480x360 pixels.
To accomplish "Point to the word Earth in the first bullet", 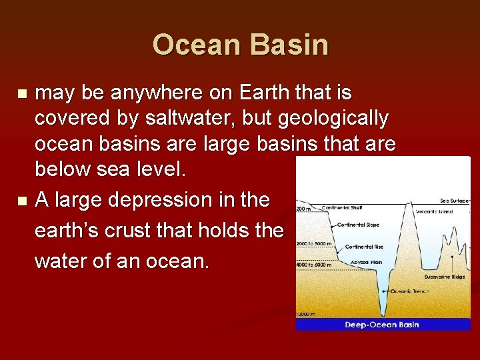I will (x=257, y=93).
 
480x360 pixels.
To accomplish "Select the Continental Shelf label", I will (x=342, y=208).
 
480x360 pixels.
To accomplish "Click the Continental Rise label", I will (x=363, y=247).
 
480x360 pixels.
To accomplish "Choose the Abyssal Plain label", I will (x=366, y=263).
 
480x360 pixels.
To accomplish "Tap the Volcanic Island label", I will (x=434, y=212).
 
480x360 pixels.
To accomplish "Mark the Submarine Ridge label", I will (x=445, y=276).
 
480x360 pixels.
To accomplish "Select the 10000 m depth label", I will (x=305, y=313).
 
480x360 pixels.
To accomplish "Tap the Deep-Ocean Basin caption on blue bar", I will (x=382, y=325).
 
